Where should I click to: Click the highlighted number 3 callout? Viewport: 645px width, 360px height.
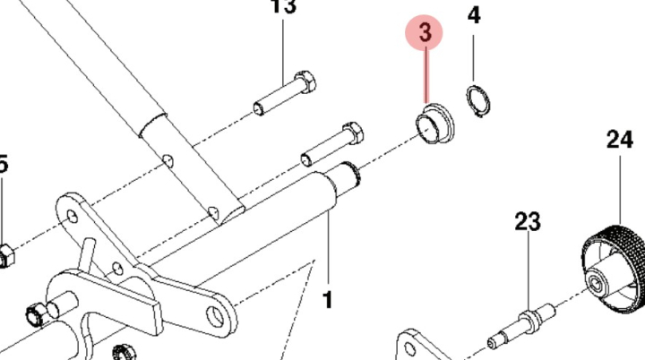coord(425,33)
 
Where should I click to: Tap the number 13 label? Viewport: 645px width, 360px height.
coord(283,8)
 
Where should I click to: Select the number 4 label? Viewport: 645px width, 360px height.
coord(474,17)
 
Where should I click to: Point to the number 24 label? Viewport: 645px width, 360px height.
coord(619,140)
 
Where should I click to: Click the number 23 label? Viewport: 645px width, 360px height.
coord(528,221)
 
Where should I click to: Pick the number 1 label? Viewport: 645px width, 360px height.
coord(328,299)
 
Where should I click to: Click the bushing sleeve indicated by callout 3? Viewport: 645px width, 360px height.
coord(435,123)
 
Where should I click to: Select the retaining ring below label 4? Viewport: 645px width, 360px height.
coord(477,101)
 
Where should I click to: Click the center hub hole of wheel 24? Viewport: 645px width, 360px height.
coord(595,287)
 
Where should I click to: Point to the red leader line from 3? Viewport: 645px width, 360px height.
coord(426,76)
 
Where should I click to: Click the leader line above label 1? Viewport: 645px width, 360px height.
coord(327,251)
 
